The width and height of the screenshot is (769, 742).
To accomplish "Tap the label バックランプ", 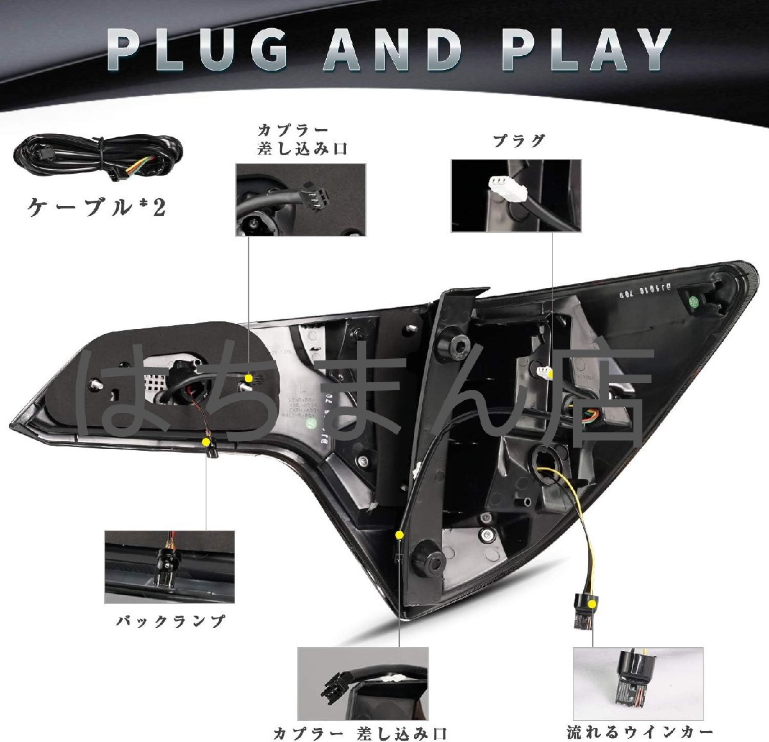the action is click(170, 621).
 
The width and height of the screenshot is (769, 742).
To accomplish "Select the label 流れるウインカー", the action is click(639, 726).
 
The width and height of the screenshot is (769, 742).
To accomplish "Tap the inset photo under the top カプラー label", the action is click(301, 198).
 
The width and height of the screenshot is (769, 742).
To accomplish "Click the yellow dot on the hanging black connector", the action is click(593, 603).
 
